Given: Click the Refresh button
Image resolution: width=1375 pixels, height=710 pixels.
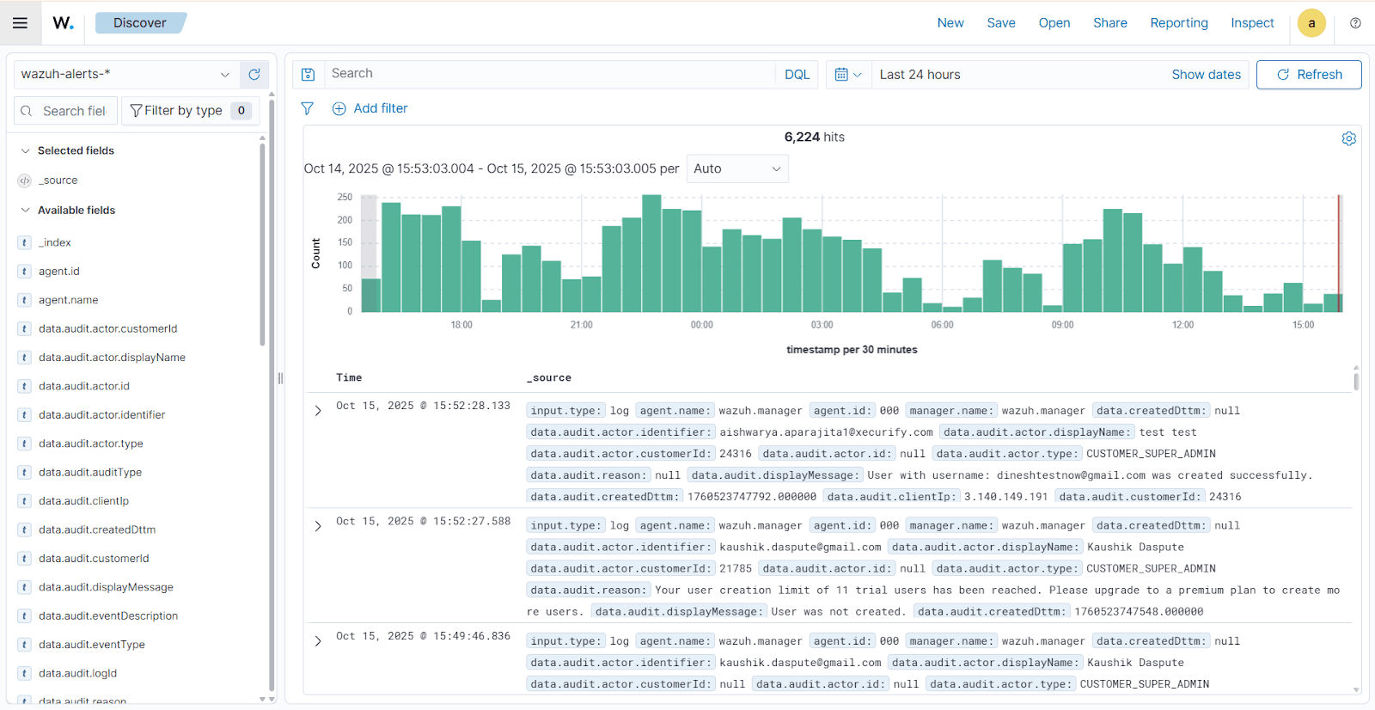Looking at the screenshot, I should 1309,75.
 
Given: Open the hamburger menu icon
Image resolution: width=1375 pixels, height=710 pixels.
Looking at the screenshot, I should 20,23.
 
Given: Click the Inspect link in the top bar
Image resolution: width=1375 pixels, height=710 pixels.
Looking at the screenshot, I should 1251,23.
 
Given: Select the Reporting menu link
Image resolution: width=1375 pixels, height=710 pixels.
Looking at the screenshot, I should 1178,23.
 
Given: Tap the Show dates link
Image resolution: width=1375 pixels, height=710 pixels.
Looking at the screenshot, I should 1206,75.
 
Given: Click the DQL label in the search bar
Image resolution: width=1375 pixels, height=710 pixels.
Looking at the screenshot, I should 797,75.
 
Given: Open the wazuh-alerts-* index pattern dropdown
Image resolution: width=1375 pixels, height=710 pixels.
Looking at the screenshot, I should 125,75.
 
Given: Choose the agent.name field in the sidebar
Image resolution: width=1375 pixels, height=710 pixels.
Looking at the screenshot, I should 68,300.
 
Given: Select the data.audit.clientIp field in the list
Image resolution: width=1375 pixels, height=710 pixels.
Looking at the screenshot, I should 83,501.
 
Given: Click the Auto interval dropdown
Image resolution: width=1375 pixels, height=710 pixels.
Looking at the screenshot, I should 737,169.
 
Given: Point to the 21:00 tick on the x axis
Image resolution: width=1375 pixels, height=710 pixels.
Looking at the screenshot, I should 581,325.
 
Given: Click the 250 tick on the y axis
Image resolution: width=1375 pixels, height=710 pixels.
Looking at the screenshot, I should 345,198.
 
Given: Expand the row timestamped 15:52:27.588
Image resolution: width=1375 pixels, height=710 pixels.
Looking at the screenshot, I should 318,526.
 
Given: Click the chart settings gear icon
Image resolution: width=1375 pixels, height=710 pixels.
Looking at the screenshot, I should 1348,139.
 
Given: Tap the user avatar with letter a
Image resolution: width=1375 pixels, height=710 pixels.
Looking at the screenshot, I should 1311,23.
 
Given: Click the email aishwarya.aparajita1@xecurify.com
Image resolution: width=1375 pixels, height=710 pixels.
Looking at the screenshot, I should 825,432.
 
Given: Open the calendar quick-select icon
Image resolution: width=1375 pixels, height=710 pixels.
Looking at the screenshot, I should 847,75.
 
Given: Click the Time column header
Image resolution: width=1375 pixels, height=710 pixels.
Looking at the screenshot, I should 349,378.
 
